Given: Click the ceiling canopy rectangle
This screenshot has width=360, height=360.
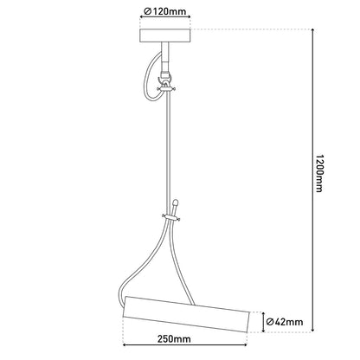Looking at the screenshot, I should (x=167, y=36).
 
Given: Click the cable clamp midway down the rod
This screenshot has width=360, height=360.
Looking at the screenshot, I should (x=171, y=215).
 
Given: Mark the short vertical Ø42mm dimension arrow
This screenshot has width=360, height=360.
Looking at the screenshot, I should (x=257, y=321).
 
